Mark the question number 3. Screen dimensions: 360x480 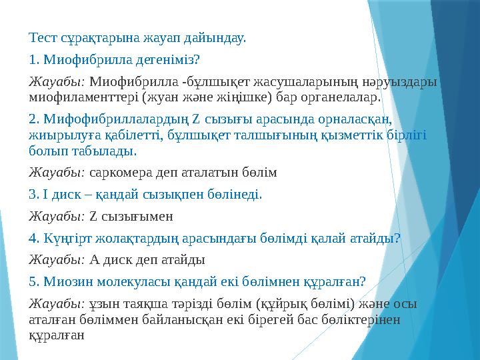pos(34,195)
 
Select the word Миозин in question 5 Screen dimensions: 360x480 pos(63,281)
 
